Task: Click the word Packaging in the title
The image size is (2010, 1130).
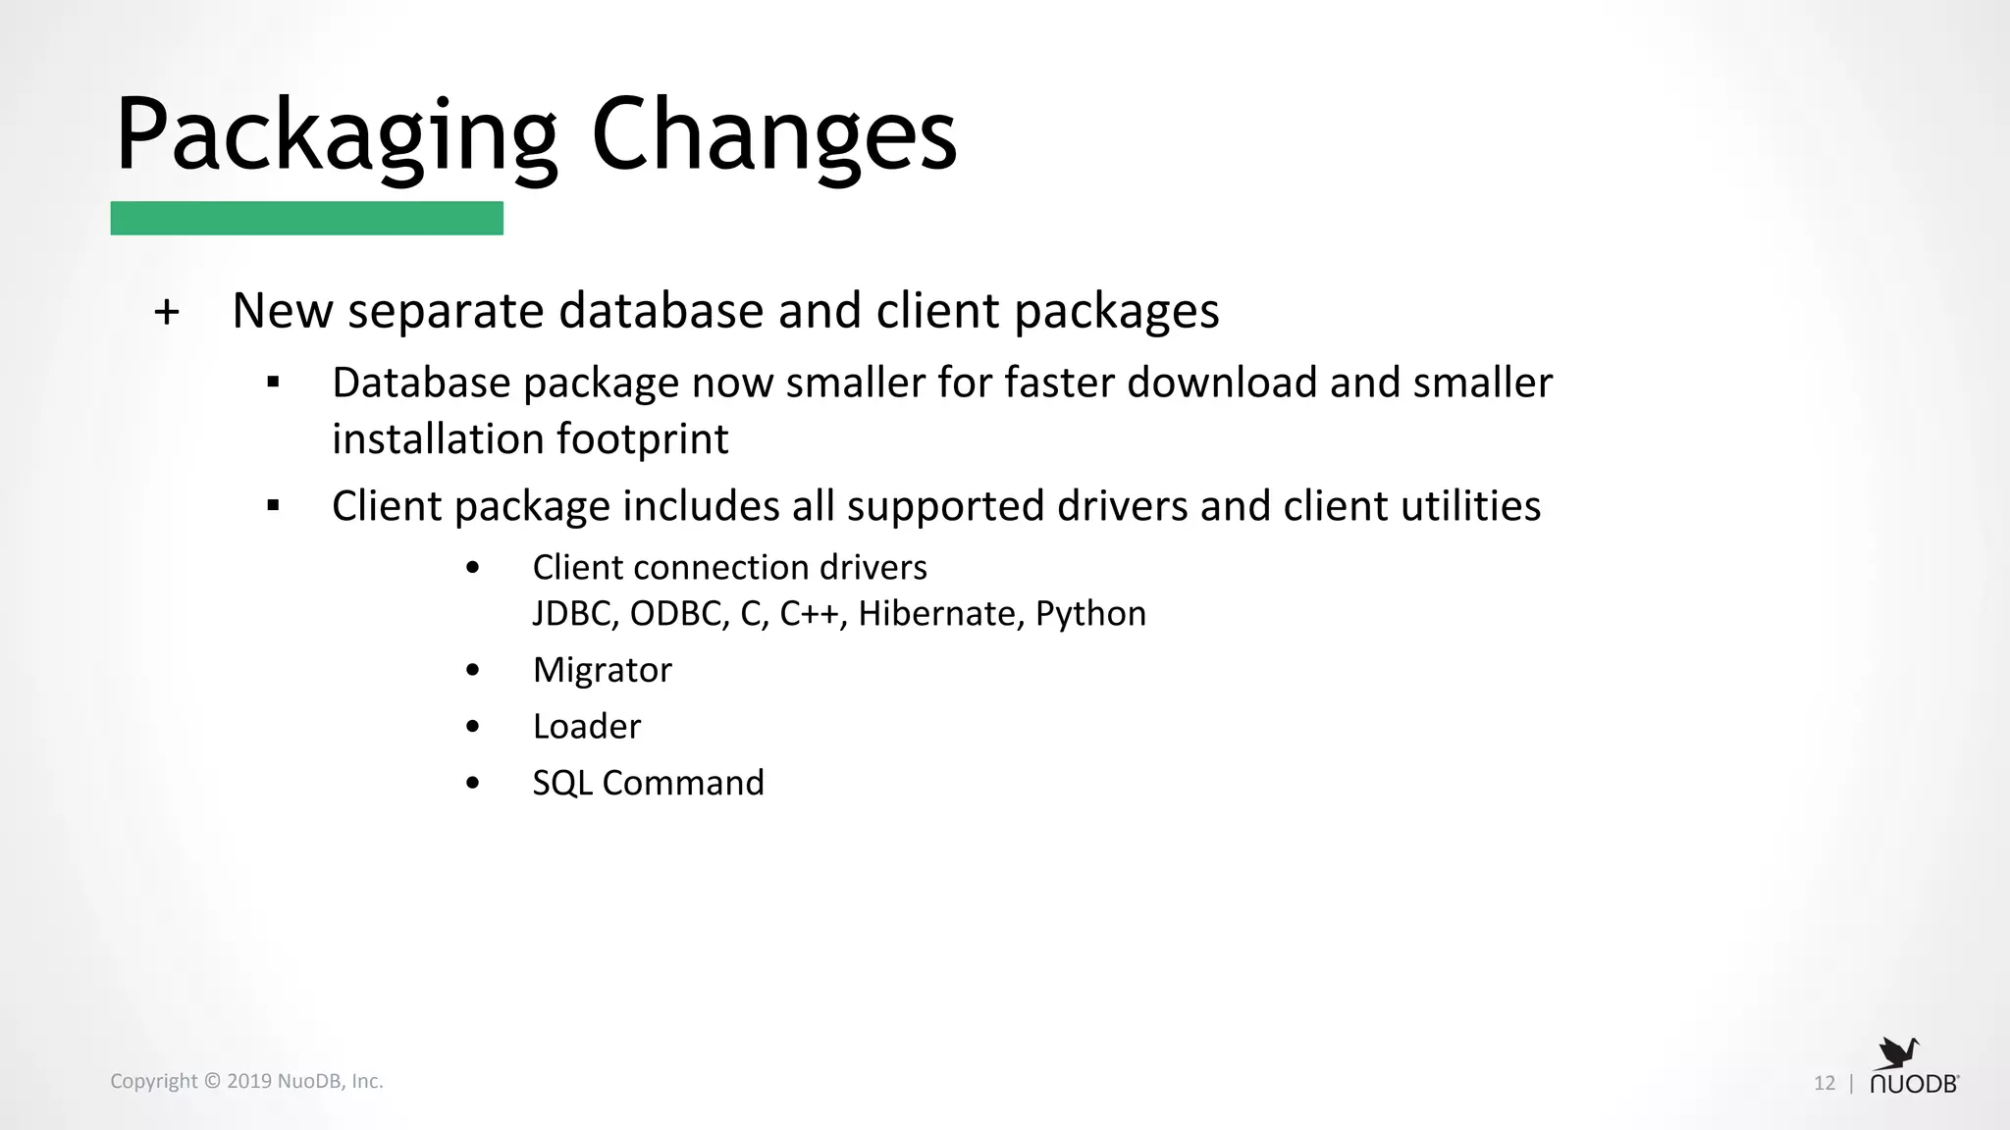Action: (x=336, y=135)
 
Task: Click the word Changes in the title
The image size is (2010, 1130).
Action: (x=773, y=135)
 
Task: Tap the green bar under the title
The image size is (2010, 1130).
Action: (x=306, y=218)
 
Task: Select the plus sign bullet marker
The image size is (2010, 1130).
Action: (x=167, y=312)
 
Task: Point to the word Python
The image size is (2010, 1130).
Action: (x=1090, y=614)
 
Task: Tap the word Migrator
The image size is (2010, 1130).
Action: (x=602, y=670)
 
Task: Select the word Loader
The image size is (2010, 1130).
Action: (x=586, y=726)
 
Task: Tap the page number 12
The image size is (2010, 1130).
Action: (x=1824, y=1083)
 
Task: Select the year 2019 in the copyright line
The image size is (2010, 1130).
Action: (x=249, y=1081)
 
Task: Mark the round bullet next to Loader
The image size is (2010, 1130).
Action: (x=473, y=727)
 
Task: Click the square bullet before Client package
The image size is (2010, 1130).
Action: (x=273, y=506)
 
